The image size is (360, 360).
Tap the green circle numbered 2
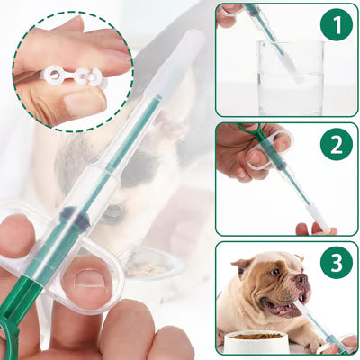[336, 144]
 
